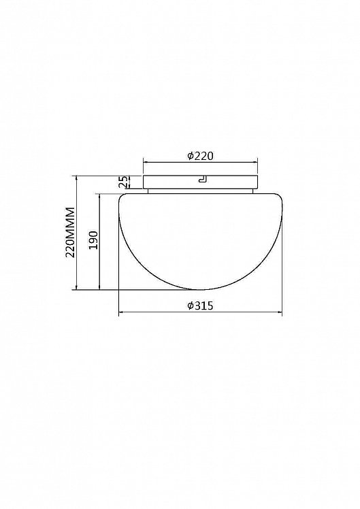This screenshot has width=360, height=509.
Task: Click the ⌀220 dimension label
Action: point(200,156)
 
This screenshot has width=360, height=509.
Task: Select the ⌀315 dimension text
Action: point(200,306)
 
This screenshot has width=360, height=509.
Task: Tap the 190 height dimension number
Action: point(93,240)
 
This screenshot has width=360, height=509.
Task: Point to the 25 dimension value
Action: point(122,182)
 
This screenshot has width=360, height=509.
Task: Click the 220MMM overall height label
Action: point(70,232)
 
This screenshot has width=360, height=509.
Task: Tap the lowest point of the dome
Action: point(200,290)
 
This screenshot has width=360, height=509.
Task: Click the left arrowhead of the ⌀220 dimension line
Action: point(146,163)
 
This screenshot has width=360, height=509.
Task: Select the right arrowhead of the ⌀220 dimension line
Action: point(255,163)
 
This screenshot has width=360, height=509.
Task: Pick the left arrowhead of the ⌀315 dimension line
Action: point(121,312)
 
